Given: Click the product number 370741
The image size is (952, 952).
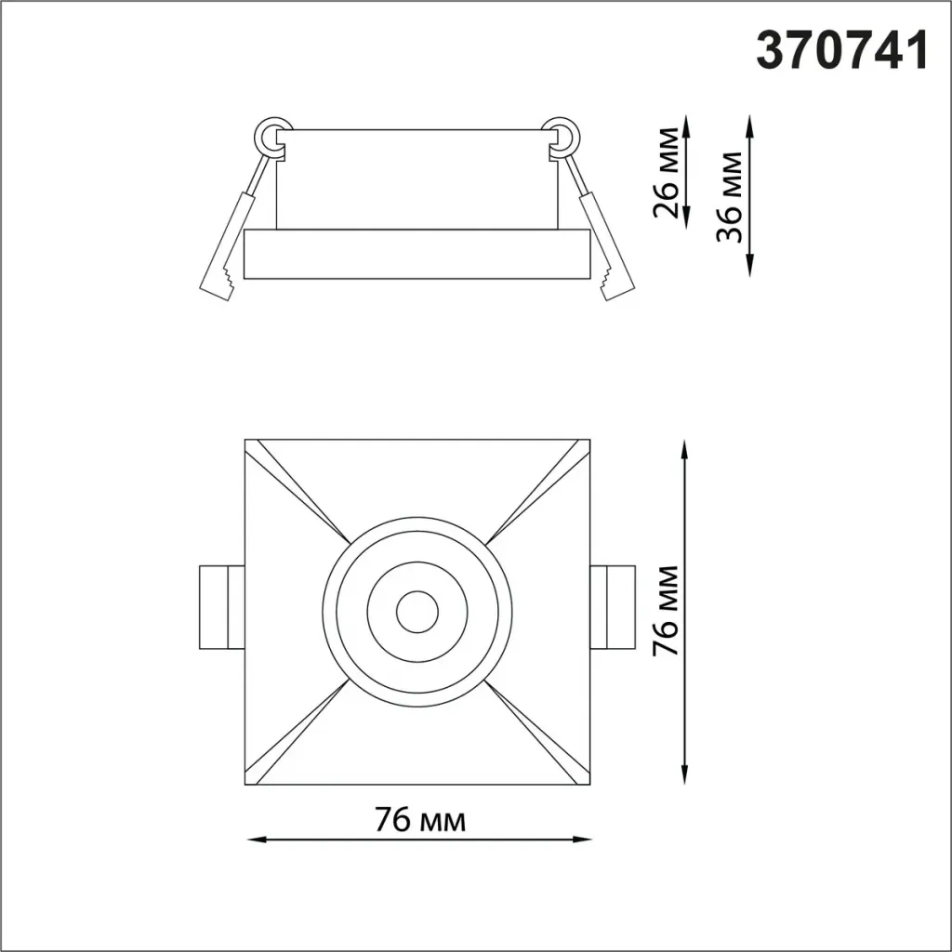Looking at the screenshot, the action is pyautogui.click(x=842, y=50).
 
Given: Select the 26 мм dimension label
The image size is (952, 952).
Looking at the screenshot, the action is pyautogui.click(x=666, y=172).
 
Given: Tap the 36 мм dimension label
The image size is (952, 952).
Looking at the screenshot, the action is pyautogui.click(x=729, y=197).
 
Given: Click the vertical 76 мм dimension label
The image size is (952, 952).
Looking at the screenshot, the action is pyautogui.click(x=666, y=610).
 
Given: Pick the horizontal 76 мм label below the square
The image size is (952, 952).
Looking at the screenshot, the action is pyautogui.click(x=420, y=820).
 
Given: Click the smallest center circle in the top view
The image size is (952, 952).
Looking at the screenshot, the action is pyautogui.click(x=417, y=612).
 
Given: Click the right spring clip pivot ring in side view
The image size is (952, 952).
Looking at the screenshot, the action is pyautogui.click(x=561, y=136).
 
